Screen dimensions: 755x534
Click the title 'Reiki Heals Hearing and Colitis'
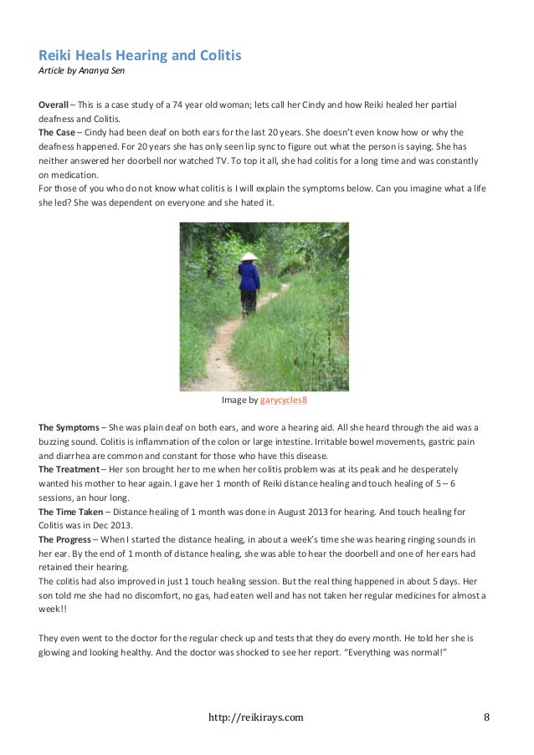coord(140,56)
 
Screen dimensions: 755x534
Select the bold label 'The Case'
coord(58,131)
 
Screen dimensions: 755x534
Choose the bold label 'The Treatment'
coord(69,469)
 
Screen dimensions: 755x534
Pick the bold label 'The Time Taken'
coord(71,511)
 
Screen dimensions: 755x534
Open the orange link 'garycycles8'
coord(284,400)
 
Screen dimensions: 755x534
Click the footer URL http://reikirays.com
coord(255,717)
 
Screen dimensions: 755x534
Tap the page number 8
coord(487,717)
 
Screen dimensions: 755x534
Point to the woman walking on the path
coord(248,284)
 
